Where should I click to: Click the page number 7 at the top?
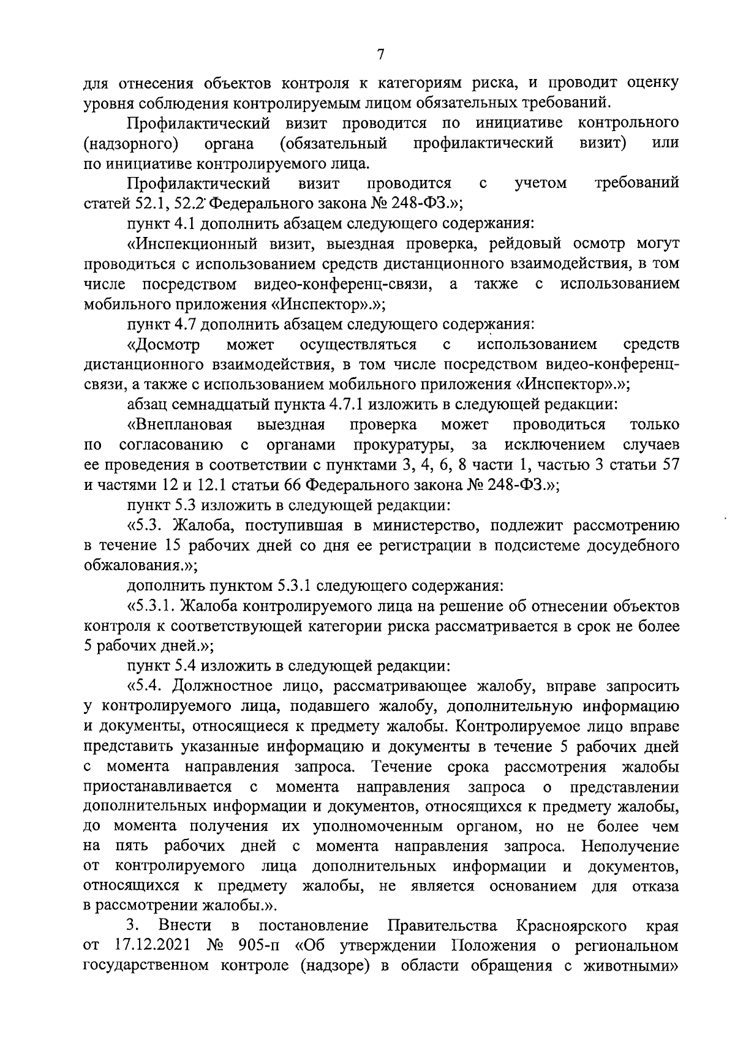coord(380,55)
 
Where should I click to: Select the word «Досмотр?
coord(164,345)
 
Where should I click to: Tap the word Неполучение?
coord(630,847)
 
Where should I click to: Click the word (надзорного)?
coord(130,144)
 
